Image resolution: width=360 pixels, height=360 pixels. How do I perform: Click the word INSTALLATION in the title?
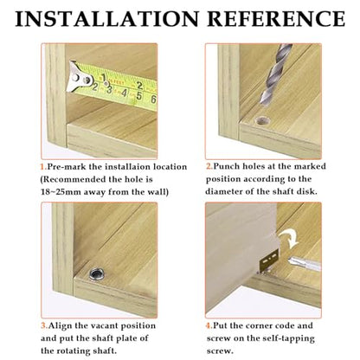point(107,19)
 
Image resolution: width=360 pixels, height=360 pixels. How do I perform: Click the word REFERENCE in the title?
point(276,19)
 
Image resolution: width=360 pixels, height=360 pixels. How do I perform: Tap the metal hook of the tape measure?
point(79,77)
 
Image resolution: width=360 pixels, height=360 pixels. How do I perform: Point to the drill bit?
point(275,74)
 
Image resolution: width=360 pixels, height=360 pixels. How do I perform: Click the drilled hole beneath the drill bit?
point(262,120)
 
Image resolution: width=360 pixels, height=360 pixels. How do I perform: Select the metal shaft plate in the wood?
point(97,273)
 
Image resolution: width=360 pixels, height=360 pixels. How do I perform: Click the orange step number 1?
point(43,167)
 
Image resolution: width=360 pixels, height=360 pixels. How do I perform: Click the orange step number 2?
point(209,166)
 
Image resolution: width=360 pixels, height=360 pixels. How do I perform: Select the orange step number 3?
point(44,325)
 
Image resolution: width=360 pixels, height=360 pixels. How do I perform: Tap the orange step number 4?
point(209,325)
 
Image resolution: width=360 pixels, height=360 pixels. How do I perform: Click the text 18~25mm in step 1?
point(61,192)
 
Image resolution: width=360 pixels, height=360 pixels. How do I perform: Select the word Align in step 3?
point(60,325)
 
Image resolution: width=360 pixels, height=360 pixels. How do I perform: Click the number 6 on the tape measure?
point(153,100)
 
